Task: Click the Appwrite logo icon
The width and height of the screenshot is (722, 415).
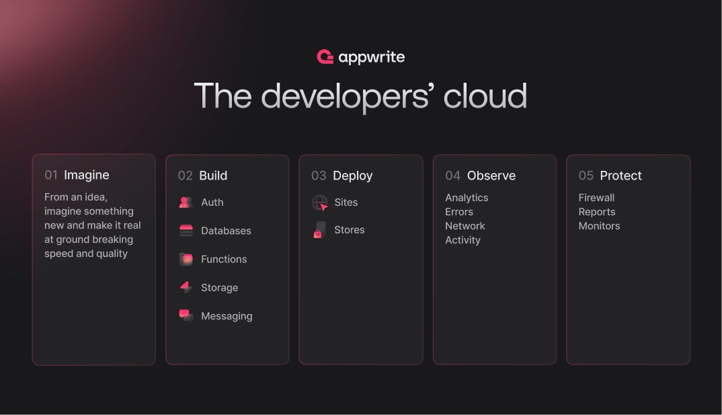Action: (325, 57)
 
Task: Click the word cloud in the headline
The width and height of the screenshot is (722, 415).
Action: (485, 96)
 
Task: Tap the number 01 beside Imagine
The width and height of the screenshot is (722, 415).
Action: (51, 175)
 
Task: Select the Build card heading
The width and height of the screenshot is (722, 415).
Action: (213, 176)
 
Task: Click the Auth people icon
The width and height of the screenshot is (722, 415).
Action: (186, 202)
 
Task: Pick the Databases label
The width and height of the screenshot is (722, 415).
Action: (226, 231)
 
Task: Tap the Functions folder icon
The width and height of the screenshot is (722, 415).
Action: (186, 259)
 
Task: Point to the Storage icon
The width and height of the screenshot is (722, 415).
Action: (186, 287)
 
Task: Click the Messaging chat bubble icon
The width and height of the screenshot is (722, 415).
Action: (186, 315)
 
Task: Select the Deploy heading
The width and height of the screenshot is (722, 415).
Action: (352, 176)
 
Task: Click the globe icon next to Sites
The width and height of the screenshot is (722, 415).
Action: (320, 202)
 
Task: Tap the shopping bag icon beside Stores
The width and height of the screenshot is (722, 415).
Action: (319, 230)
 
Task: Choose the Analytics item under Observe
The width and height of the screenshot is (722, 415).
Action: (467, 198)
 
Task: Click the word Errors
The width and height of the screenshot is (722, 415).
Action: (459, 212)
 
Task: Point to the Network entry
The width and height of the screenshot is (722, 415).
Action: (465, 226)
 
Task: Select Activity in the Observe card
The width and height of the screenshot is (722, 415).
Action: (463, 240)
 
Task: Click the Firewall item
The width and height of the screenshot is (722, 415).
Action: (596, 198)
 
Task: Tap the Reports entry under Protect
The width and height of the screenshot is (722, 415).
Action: (597, 212)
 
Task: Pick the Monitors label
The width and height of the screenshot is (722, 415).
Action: (599, 226)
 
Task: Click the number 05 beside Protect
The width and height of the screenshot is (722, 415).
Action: (586, 176)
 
